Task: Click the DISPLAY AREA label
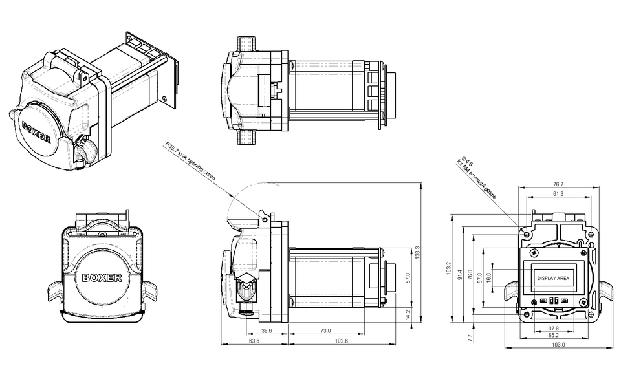553,278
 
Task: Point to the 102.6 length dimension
342,341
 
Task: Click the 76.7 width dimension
558,184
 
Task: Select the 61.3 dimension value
558,194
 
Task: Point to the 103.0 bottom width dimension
558,345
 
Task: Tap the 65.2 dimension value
554,336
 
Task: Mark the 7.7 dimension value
470,336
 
